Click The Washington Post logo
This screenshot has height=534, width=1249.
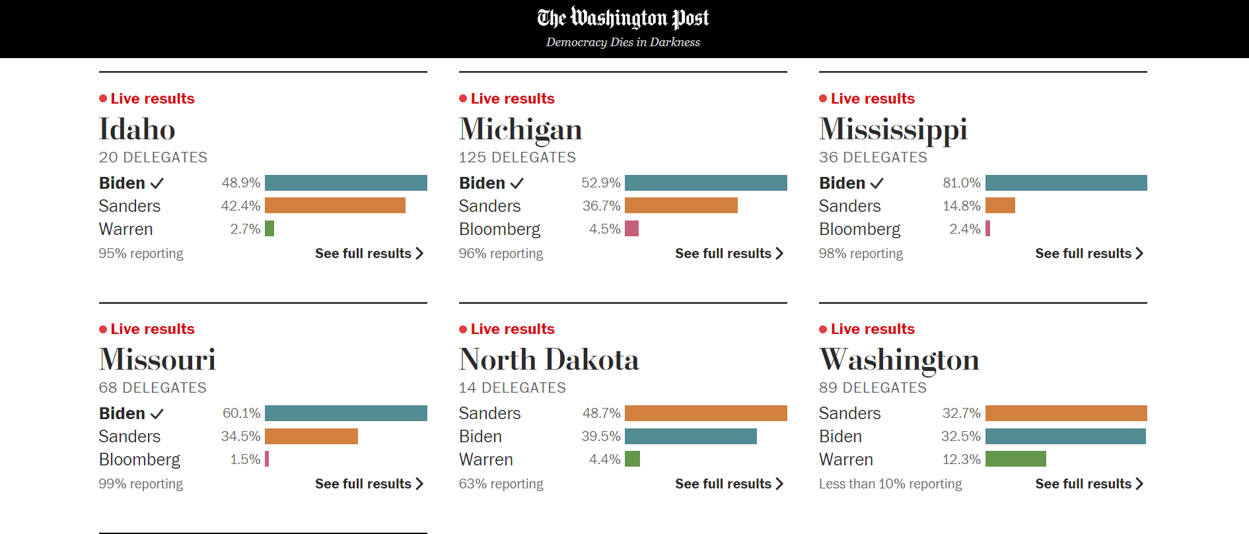tap(623, 18)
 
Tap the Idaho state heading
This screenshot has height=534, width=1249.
tap(137, 129)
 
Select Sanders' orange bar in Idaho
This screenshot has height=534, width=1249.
tap(335, 205)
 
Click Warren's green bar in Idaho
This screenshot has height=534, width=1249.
tap(269, 228)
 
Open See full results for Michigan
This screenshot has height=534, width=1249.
tap(729, 253)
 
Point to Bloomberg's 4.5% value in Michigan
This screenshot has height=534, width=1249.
tap(604, 229)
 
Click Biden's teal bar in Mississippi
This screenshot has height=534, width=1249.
tap(1065, 183)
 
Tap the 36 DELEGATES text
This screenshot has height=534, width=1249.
tap(873, 157)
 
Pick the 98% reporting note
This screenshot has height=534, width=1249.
tap(860, 253)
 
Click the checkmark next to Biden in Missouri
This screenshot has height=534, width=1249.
tap(157, 414)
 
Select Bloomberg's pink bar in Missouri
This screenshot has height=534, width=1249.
tap(267, 459)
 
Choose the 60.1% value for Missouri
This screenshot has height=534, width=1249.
tap(241, 413)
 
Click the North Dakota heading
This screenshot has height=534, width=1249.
tap(548, 360)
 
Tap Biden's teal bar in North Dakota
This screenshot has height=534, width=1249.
tap(690, 436)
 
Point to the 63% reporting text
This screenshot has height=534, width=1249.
tap(501, 484)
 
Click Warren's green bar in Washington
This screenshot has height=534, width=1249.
tap(1015, 459)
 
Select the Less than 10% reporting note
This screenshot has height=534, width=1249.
tap(890, 484)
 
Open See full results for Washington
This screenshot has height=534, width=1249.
tap(1088, 484)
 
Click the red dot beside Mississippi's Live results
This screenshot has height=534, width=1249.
tap(823, 98)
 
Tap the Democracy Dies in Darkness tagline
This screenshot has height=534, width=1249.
tap(623, 42)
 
